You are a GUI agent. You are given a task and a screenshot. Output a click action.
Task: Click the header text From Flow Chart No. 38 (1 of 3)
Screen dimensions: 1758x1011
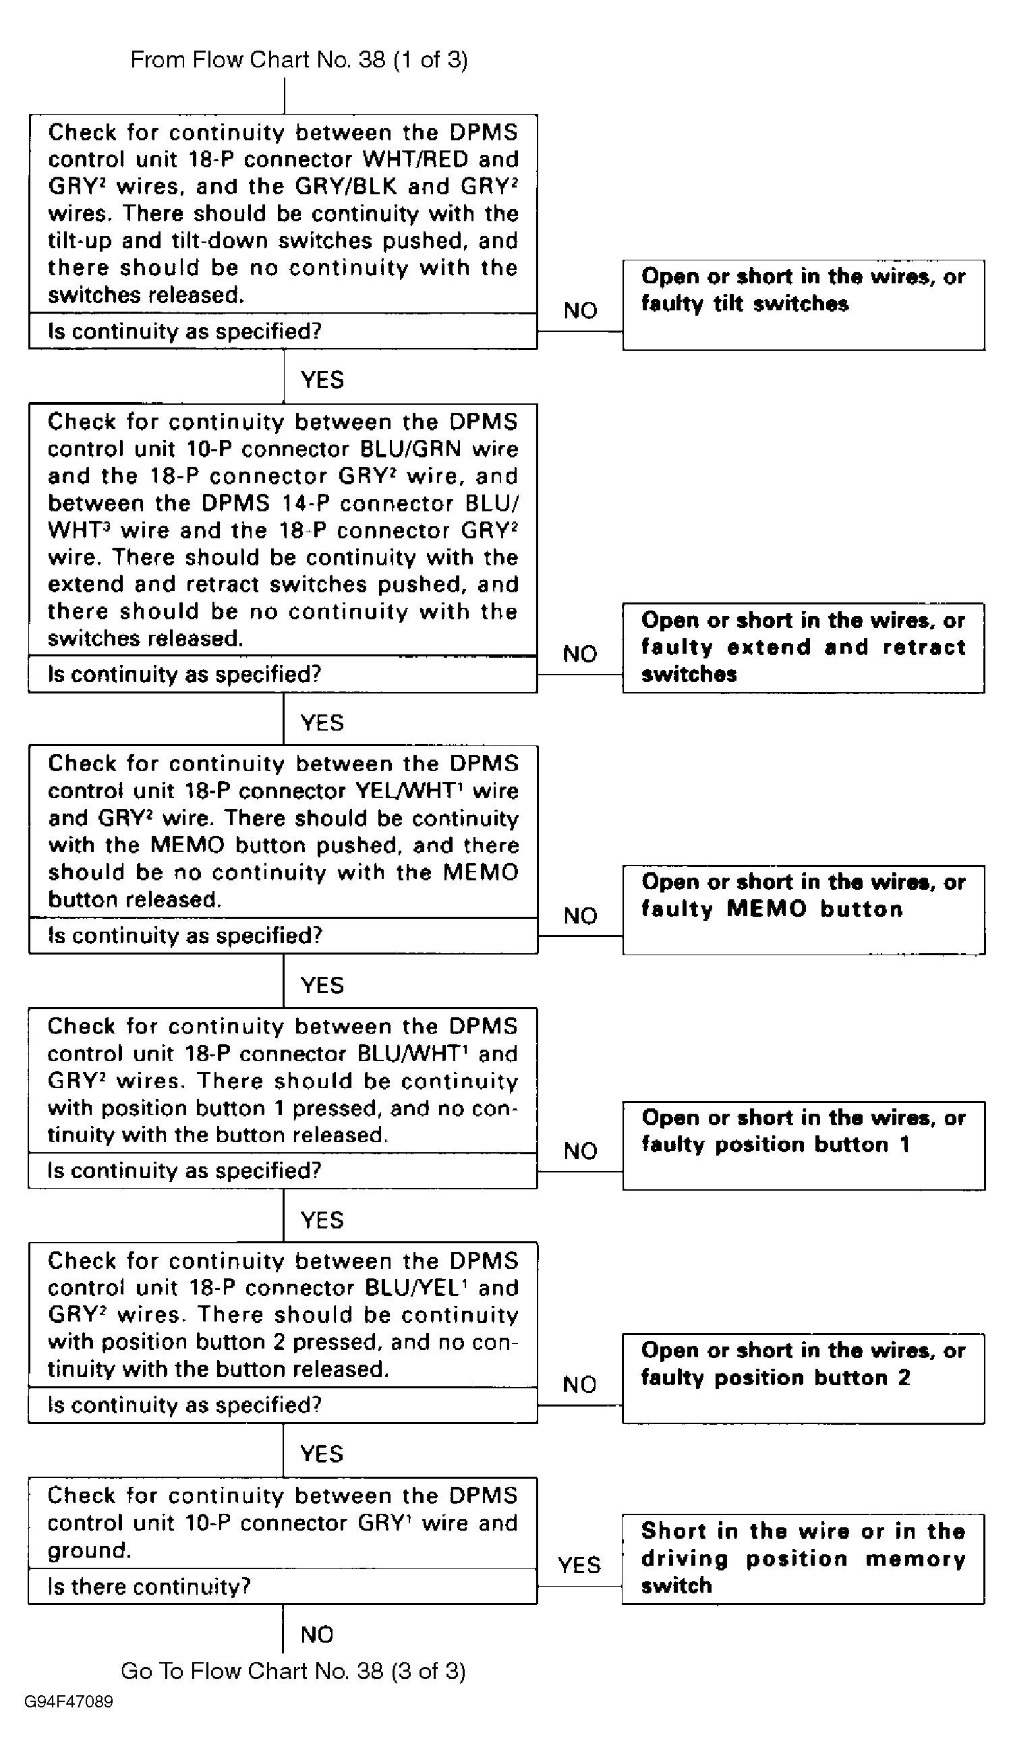[x=299, y=60]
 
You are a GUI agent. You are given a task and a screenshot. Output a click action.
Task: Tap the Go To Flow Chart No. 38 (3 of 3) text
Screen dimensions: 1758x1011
[x=293, y=1671]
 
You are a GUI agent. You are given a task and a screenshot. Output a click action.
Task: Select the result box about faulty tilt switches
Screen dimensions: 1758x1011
[x=803, y=305]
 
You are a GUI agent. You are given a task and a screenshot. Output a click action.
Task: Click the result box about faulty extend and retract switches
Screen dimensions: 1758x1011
[x=803, y=648]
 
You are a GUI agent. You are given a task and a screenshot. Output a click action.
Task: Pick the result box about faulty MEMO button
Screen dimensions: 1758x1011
[x=803, y=909]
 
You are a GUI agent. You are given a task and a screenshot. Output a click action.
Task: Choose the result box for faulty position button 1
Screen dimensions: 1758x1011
[x=803, y=1145]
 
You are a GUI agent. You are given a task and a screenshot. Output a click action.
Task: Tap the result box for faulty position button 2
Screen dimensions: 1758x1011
[x=803, y=1378]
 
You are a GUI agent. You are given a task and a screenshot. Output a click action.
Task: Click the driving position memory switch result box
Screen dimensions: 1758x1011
[x=803, y=1559]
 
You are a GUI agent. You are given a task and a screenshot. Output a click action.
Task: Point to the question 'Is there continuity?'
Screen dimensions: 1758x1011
[x=148, y=1587]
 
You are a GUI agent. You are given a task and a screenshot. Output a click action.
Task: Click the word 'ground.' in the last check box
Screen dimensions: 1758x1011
[x=89, y=1550]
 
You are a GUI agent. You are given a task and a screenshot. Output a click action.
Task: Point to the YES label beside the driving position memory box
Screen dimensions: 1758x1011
[x=579, y=1565]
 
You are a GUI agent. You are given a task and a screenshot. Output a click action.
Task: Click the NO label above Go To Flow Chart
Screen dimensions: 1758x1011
[x=316, y=1635]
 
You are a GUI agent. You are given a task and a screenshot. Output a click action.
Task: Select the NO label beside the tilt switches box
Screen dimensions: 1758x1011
[x=581, y=310]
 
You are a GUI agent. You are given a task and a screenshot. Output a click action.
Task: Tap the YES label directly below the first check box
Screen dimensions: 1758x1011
[x=322, y=380]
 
